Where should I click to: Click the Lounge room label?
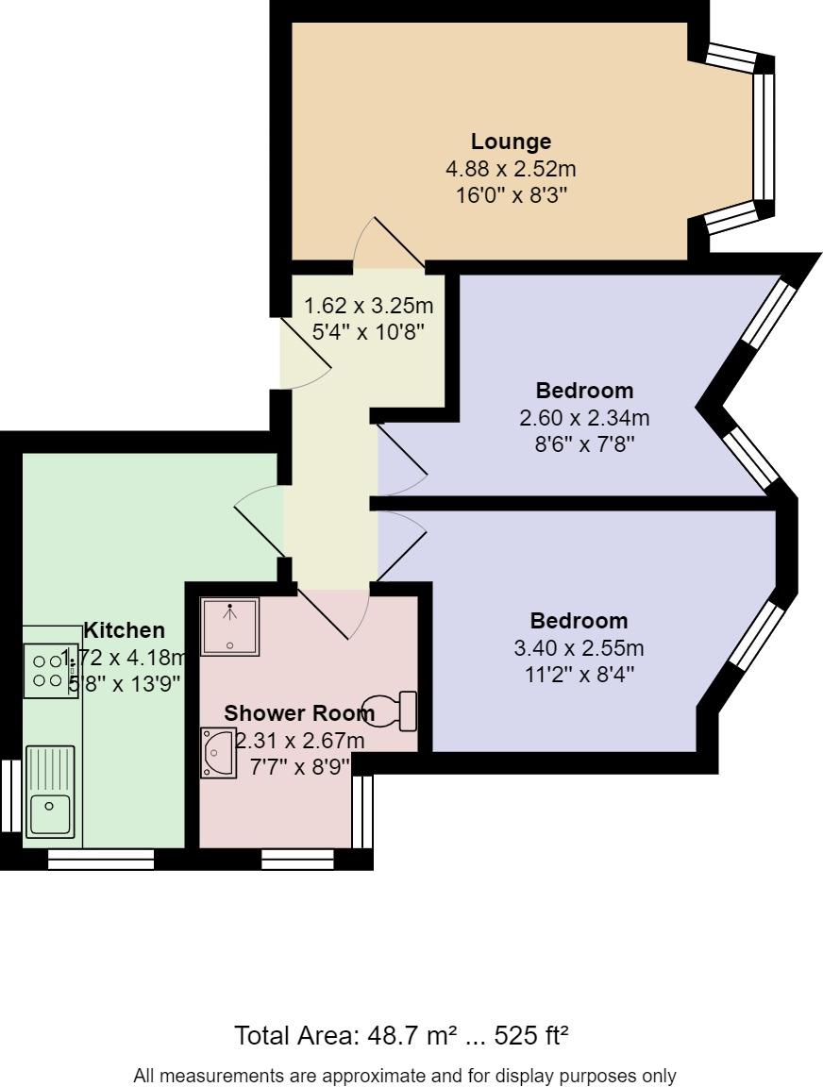click(511, 142)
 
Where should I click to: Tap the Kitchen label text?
click(125, 630)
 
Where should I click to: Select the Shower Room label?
click(298, 712)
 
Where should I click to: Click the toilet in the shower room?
click(395, 711)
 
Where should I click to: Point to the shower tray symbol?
click(230, 626)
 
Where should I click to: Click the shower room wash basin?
click(218, 752)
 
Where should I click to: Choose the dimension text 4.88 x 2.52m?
click(511, 170)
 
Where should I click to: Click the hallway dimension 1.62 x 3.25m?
click(368, 306)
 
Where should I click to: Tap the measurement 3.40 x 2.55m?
click(579, 648)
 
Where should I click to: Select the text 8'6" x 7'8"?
click(584, 443)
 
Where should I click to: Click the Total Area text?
click(401, 1036)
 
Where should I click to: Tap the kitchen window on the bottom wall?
click(100, 859)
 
